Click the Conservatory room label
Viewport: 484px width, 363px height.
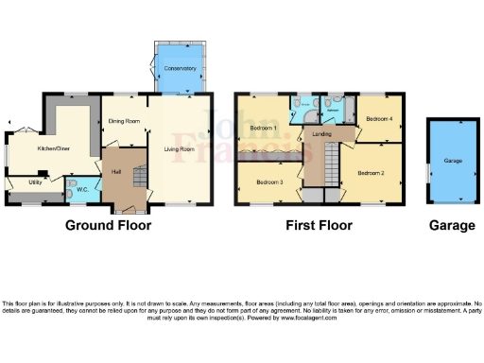pyautogui.click(x=180, y=68)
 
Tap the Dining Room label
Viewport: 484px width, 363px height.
pyautogui.click(x=124, y=121)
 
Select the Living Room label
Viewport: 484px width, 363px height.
pyautogui.click(x=186, y=147)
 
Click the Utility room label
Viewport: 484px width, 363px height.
pyautogui.click(x=35, y=181)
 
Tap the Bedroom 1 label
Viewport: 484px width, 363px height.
pyautogui.click(x=262, y=128)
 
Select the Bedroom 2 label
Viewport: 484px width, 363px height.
pyautogui.click(x=372, y=172)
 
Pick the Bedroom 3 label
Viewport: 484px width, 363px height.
pyautogui.click(x=269, y=181)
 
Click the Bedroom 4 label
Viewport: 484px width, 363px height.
pyautogui.click(x=379, y=118)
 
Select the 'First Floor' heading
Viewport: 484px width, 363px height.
pyautogui.click(x=320, y=226)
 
